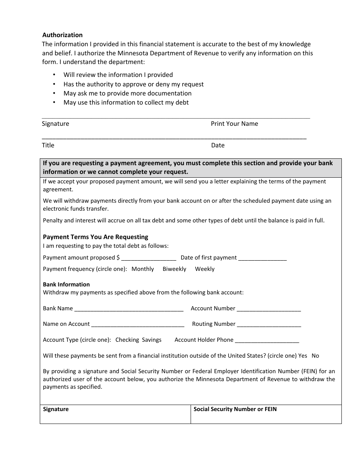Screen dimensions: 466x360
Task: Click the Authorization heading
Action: pos(62,35)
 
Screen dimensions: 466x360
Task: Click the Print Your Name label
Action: pos(234,124)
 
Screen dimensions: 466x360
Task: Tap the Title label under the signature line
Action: pos(48,145)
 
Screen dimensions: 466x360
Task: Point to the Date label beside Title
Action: pos(218,145)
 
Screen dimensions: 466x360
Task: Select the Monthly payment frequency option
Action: pos(142,269)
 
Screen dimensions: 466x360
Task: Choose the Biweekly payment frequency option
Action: pos(174,269)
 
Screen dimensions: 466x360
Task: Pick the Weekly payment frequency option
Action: pos(205,269)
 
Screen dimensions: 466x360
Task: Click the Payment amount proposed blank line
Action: pos(149,258)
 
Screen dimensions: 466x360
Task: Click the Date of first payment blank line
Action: pos(262,258)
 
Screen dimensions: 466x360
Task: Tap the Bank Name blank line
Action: pos(129,309)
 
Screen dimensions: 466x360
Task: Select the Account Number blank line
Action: pos(269,309)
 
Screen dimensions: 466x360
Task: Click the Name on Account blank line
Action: pos(138,324)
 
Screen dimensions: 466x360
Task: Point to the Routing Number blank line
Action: pos(269,324)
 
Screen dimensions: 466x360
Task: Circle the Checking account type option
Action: pos(127,340)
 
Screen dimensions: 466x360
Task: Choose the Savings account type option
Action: pos(152,340)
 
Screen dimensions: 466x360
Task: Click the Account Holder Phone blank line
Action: pos(267,340)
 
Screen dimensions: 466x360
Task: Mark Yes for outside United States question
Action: pos(303,356)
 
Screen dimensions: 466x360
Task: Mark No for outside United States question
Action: pos(315,356)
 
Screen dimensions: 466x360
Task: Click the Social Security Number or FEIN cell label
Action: pos(235,409)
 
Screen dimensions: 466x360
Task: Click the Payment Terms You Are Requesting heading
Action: pos(95,237)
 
